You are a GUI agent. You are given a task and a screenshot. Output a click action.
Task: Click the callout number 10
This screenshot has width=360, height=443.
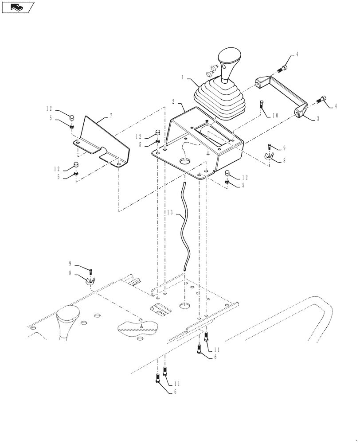(x=275, y=115)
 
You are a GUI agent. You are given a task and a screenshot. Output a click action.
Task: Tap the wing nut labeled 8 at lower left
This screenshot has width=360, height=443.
(x=90, y=281)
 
